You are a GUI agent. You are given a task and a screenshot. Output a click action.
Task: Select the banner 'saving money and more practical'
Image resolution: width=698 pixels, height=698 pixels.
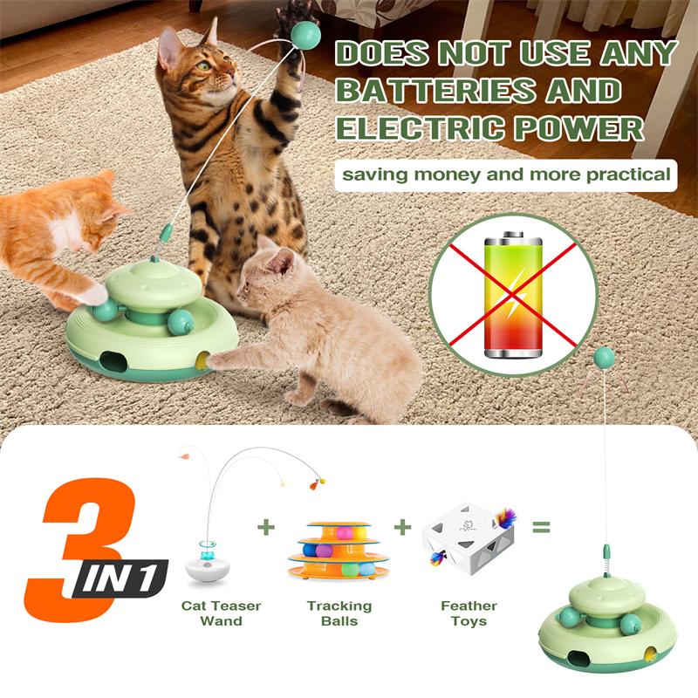(506, 174)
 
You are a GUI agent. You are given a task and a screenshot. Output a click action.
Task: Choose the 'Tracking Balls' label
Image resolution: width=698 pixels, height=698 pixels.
(339, 612)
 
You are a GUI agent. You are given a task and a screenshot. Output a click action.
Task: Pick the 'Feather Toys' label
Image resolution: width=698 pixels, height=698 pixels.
(469, 612)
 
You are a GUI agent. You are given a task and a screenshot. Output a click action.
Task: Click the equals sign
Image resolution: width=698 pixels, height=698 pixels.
(542, 527)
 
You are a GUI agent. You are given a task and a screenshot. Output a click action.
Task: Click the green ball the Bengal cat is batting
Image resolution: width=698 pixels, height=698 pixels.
(306, 34)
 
